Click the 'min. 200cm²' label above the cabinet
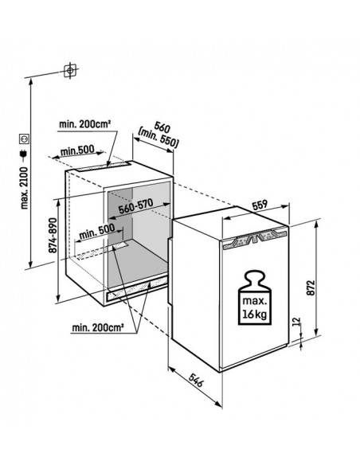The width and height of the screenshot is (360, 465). pos(84,123)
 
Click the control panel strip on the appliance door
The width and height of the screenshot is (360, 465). pos(252,236)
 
